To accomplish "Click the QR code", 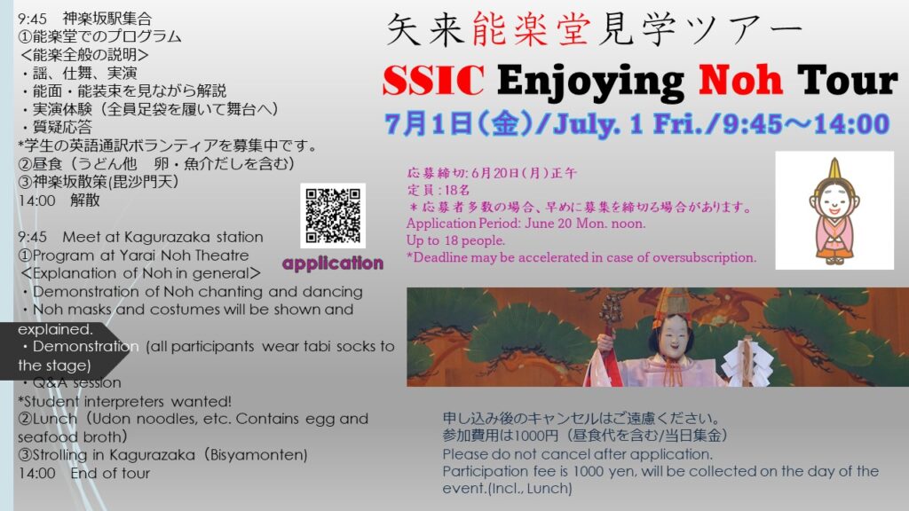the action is (x=333, y=216).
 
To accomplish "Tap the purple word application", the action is (x=333, y=263).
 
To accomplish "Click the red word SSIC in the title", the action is (x=433, y=80).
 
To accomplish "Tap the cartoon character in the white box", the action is (x=834, y=211).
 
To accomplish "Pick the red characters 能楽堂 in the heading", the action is (x=531, y=29).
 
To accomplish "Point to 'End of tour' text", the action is (x=110, y=474).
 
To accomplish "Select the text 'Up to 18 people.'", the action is (x=455, y=240).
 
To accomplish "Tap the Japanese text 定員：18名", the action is (x=439, y=190).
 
